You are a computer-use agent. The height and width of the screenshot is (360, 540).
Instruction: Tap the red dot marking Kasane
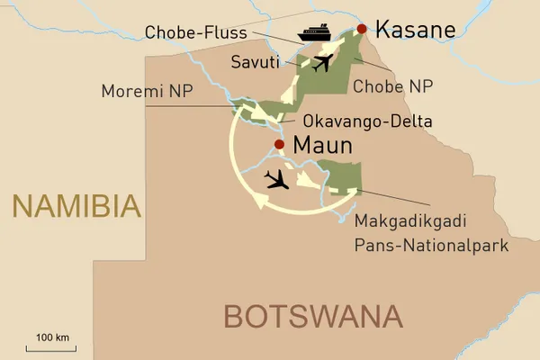click(x=362, y=30)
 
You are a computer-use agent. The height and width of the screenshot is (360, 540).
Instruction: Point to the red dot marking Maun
click(x=279, y=144)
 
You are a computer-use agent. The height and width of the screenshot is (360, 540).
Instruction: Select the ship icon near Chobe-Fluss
click(x=317, y=33)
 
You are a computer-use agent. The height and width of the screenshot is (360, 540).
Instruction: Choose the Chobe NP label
click(x=394, y=87)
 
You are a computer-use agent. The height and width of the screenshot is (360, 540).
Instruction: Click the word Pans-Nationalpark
click(x=432, y=244)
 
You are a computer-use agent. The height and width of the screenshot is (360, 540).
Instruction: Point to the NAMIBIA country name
click(x=76, y=206)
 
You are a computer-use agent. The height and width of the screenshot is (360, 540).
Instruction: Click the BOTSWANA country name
click(x=311, y=316)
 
